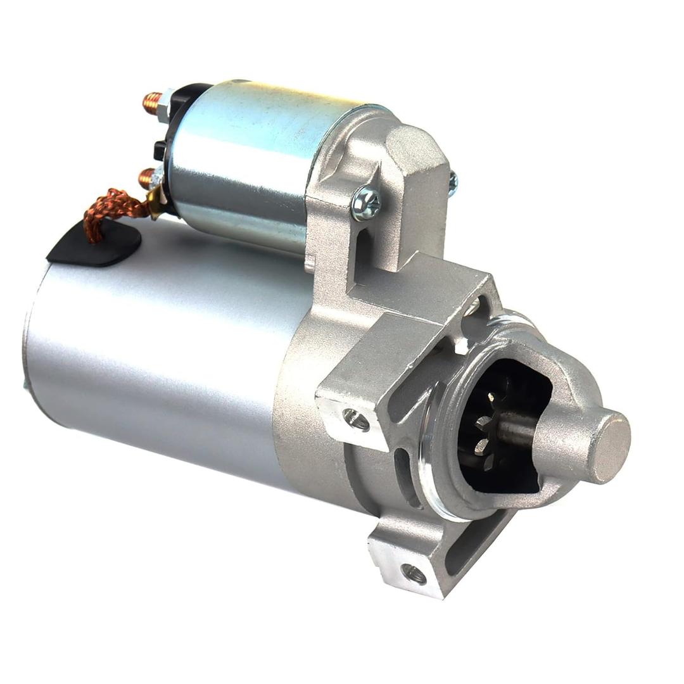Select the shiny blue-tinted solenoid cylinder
pos(247,158)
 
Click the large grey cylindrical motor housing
pos(158,355)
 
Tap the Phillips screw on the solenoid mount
pos(366,203)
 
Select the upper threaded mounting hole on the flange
pos(356,419)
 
